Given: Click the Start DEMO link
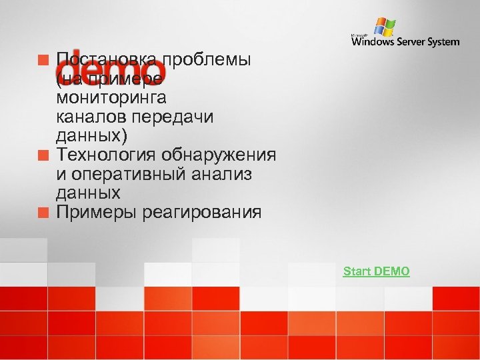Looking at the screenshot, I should click(x=376, y=271).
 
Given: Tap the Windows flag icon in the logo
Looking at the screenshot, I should click(x=384, y=26).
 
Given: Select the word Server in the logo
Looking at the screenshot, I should click(x=413, y=42).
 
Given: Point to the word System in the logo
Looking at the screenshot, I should click(x=444, y=42).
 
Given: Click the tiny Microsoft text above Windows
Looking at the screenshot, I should click(x=360, y=34).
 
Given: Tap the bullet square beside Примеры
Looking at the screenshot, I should click(x=44, y=213).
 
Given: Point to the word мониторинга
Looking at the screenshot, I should click(x=111, y=98).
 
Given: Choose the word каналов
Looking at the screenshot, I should click(x=93, y=117).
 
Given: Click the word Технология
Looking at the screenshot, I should click(x=99, y=155).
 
